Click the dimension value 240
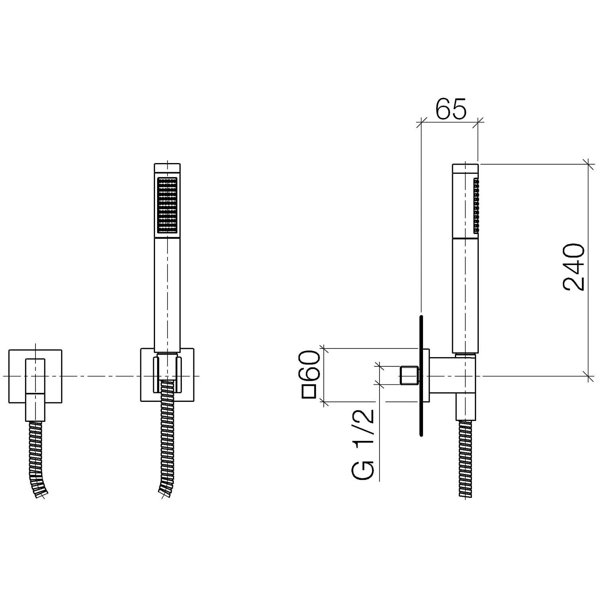pos(574,267)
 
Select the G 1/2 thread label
pos(363,444)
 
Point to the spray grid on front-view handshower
pos(167,206)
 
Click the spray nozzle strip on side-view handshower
pos(476,206)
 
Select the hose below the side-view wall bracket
pos(465,458)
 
